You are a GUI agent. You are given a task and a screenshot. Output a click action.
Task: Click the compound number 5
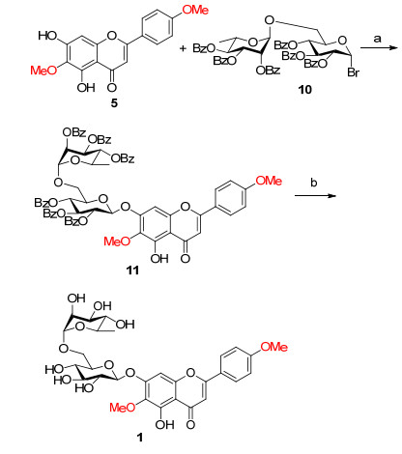click(114, 103)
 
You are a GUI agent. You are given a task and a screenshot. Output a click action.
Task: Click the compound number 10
click(304, 89)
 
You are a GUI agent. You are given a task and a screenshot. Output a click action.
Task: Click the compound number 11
click(132, 270)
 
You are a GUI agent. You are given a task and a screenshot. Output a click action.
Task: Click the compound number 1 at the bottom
click(139, 437)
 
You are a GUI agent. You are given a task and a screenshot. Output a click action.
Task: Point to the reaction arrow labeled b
click(315, 195)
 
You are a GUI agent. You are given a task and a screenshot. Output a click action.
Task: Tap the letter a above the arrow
click(377, 39)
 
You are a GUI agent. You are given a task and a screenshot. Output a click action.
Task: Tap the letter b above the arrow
click(314, 183)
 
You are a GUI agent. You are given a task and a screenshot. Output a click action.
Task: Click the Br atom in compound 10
click(353, 72)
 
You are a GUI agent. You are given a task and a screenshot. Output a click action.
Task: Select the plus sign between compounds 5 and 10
click(183, 48)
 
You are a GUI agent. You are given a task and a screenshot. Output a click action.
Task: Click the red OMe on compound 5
click(195, 10)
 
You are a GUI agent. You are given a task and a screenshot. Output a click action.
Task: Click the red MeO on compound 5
click(43, 70)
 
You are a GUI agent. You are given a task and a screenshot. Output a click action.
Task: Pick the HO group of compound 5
click(47, 36)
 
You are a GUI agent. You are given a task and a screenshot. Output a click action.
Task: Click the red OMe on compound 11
click(269, 181)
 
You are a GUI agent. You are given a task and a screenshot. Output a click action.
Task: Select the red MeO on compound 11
click(117, 241)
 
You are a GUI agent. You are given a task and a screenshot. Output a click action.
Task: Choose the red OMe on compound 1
click(273, 347)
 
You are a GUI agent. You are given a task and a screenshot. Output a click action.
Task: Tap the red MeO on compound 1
click(123, 408)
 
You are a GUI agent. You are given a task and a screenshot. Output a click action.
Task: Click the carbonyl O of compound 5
click(112, 87)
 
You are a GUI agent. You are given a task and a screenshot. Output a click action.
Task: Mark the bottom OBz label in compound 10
click(268, 71)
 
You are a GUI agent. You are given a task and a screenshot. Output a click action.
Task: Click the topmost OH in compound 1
click(76, 298)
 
